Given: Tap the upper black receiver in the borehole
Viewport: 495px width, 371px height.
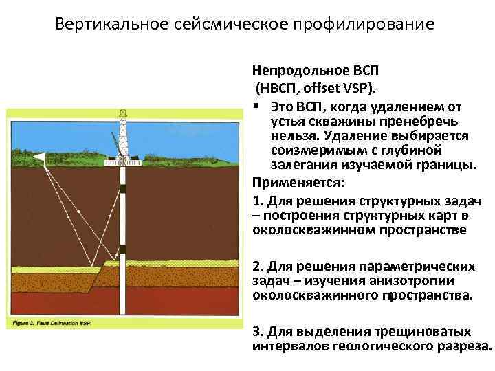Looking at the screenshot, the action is click(122, 188).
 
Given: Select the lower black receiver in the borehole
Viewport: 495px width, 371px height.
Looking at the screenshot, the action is click(122, 249).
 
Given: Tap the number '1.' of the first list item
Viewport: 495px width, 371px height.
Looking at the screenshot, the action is click(257, 201).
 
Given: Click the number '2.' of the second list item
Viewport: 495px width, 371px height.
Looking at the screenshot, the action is click(257, 265).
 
